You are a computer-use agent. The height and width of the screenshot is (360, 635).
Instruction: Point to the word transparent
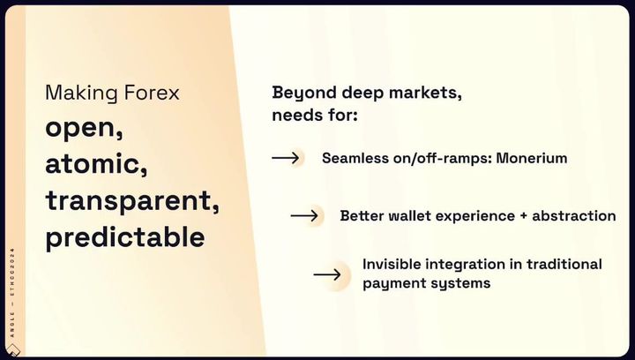[x=132, y=200]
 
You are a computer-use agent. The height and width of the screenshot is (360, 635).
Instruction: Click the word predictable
[x=124, y=236]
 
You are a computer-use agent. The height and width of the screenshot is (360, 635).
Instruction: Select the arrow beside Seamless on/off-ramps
[x=286, y=158]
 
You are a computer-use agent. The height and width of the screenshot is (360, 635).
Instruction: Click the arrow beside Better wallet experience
[x=304, y=215]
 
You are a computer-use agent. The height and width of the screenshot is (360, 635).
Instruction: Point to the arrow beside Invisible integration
[x=327, y=274]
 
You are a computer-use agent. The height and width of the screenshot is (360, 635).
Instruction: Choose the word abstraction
[x=573, y=215]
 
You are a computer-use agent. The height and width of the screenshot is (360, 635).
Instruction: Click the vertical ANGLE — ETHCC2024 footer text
[x=12, y=292]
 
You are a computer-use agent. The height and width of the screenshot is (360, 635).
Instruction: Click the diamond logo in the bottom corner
[x=12, y=350]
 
